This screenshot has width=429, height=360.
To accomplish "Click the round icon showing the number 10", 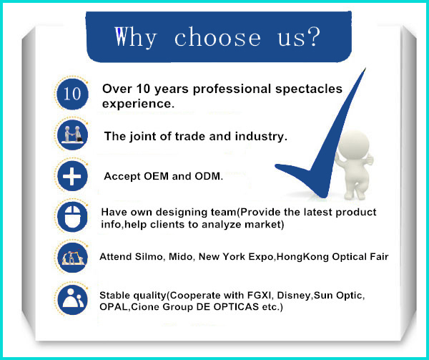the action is [x=72, y=94].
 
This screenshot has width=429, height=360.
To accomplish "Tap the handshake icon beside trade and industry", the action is [x=72, y=135].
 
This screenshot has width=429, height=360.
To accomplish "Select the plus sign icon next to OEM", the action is [x=72, y=176].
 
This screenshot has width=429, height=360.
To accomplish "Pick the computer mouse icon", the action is [x=72, y=217].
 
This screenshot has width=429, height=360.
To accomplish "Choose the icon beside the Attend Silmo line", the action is [x=72, y=258].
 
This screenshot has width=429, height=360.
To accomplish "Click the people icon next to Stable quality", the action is [x=72, y=299].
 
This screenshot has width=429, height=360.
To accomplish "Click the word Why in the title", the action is [x=135, y=38].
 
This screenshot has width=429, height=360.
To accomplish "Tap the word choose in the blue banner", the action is [x=217, y=37].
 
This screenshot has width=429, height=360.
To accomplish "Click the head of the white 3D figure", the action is [x=354, y=145].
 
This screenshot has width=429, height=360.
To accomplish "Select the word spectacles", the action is [x=309, y=89].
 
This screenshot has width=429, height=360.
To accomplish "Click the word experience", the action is [x=138, y=104].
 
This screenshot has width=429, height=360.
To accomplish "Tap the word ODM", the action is [x=209, y=176].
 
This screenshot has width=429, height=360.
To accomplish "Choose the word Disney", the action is [x=295, y=296].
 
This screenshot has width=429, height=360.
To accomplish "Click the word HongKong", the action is [x=302, y=257].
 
